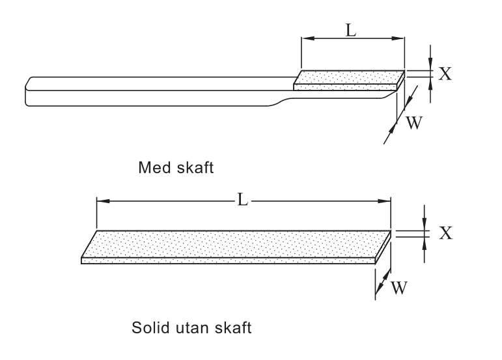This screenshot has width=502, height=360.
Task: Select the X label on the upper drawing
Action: (x=445, y=74)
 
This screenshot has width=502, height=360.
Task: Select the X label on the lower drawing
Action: (x=445, y=233)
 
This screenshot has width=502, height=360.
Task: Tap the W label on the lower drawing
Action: (x=398, y=286)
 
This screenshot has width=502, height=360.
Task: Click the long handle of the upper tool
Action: (x=156, y=90)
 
